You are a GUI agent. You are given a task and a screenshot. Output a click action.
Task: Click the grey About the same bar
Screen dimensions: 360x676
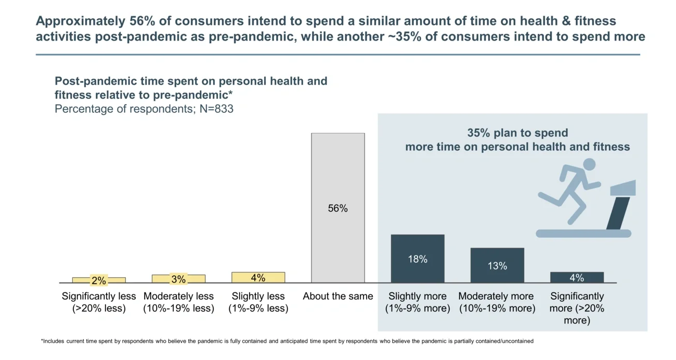click(x=338, y=172)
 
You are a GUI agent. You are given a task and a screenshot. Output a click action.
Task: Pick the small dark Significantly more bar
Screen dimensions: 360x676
click(x=577, y=278)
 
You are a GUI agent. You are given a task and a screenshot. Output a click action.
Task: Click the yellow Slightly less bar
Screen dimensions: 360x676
click(x=258, y=278)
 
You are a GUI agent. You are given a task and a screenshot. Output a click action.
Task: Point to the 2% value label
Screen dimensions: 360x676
click(x=99, y=281)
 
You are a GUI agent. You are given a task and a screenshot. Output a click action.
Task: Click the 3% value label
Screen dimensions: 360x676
click(x=178, y=279)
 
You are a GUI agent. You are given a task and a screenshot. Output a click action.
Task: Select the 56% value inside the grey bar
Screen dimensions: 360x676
click(x=338, y=209)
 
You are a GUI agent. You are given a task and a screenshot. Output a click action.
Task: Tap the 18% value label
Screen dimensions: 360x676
click(x=418, y=259)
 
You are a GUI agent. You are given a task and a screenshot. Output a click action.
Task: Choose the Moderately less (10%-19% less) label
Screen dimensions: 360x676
click(x=178, y=302)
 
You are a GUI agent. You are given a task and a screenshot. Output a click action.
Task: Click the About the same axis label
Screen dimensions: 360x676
click(x=338, y=297)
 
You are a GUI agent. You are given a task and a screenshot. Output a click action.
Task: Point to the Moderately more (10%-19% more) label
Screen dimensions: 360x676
click(x=497, y=302)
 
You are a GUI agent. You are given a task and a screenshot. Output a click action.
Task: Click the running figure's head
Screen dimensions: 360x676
click(x=589, y=164)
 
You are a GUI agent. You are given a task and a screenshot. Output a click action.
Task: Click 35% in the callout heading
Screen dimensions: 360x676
click(x=479, y=133)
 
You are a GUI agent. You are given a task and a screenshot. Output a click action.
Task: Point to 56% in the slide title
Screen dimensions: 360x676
click(x=141, y=21)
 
